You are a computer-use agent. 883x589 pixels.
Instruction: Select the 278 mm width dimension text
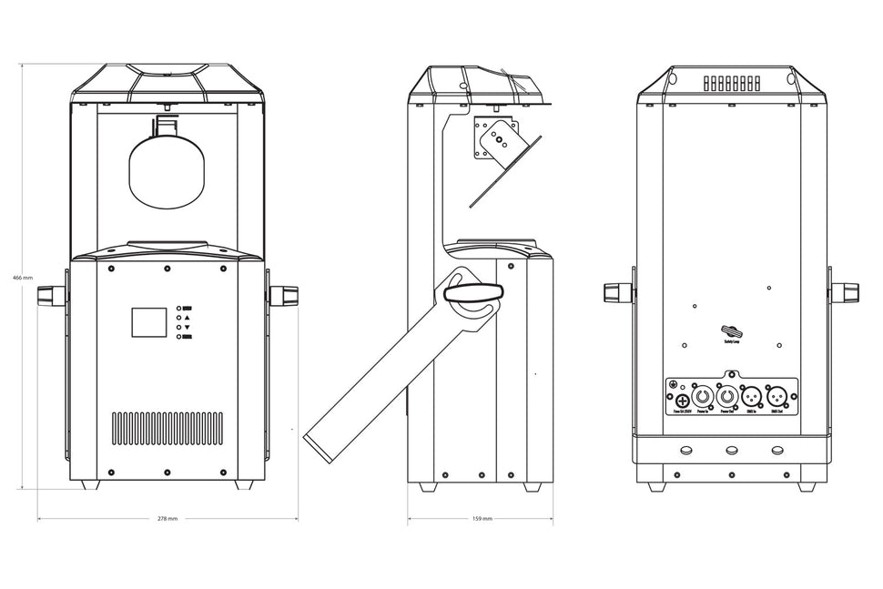(x=167, y=517)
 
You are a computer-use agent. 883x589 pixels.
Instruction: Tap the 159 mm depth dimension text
(x=482, y=517)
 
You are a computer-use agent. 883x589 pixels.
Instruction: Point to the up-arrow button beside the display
(x=186, y=317)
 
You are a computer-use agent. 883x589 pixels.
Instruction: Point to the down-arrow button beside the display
(x=186, y=327)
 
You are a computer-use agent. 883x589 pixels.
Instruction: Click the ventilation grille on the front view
(x=167, y=427)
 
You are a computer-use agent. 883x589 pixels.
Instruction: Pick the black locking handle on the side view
(x=472, y=291)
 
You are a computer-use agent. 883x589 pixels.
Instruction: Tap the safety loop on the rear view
(x=731, y=331)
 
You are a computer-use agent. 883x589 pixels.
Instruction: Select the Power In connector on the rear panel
(x=703, y=397)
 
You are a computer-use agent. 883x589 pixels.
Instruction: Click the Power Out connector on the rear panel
(x=727, y=397)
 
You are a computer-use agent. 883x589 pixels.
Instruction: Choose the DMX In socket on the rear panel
(x=752, y=397)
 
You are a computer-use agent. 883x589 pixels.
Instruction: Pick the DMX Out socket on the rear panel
(x=776, y=397)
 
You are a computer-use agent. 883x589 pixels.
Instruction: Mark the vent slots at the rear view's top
(x=731, y=83)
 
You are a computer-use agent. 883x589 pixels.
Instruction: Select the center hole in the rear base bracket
(x=731, y=450)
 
